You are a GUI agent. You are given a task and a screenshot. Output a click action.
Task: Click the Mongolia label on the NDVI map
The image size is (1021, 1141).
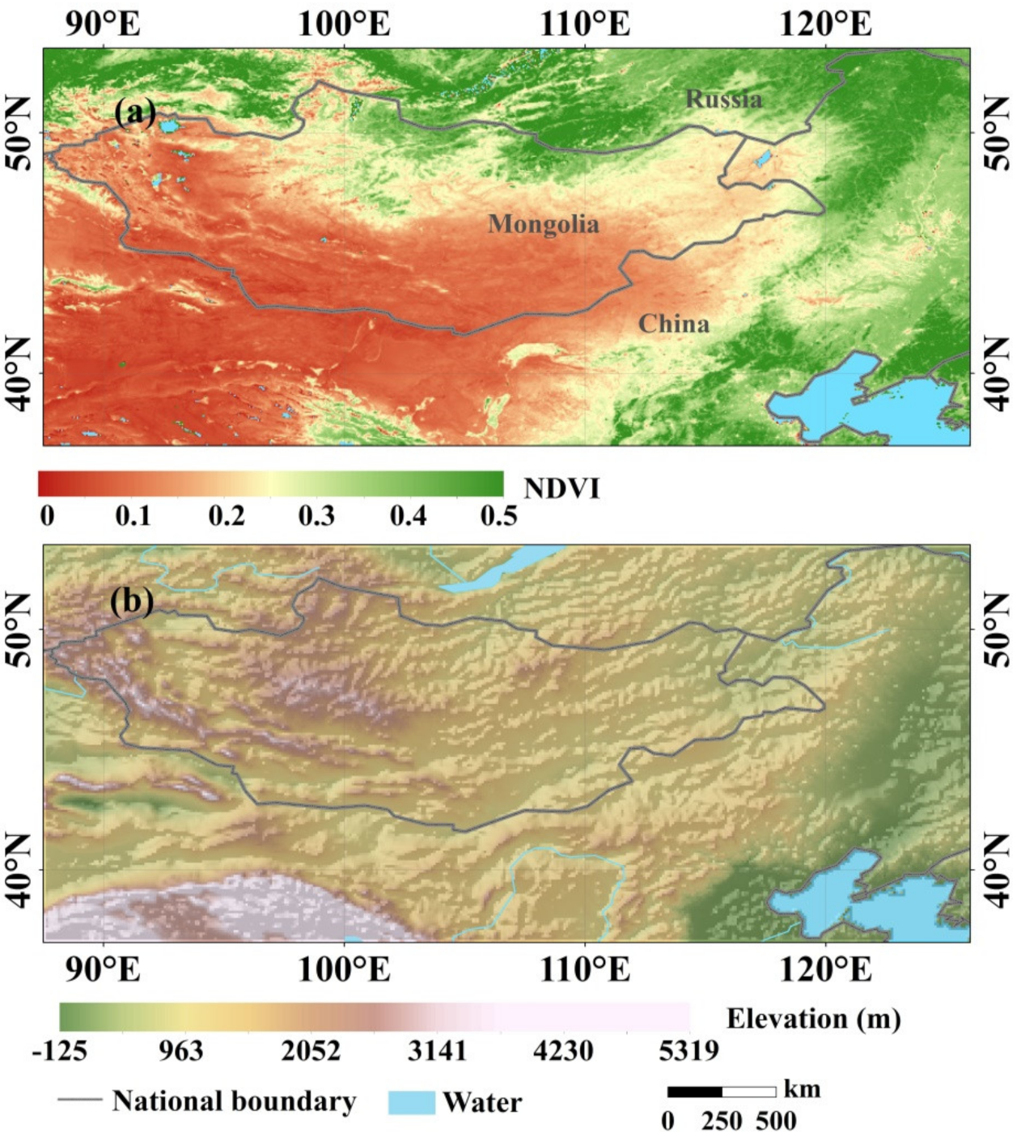click(x=544, y=223)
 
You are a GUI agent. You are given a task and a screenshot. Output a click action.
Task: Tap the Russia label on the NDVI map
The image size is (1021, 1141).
click(x=724, y=99)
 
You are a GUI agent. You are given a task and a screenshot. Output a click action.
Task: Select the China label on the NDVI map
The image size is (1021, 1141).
click(x=674, y=324)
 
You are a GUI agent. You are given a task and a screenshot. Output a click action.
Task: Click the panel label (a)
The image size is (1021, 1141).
click(x=135, y=112)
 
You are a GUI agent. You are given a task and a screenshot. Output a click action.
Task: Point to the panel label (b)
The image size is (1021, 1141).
click(x=132, y=601)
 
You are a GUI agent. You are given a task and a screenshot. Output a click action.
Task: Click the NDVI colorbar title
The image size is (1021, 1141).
click(x=561, y=488)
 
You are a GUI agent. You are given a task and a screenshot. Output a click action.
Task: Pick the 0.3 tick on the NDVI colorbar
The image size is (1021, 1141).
click(x=316, y=515)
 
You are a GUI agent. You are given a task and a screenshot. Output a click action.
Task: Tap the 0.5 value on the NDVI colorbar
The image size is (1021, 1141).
click(x=498, y=515)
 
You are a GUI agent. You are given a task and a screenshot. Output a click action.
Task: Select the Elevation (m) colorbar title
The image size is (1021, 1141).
click(x=813, y=1018)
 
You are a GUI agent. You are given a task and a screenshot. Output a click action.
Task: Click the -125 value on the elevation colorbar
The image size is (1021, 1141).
click(x=60, y=1051)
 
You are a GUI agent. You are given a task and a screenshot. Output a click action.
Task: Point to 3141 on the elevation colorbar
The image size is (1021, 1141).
click(x=437, y=1051)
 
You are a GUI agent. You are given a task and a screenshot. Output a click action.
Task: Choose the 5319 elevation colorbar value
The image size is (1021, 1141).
click(x=688, y=1051)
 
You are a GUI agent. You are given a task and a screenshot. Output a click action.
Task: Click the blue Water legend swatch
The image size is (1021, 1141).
click(x=411, y=1102)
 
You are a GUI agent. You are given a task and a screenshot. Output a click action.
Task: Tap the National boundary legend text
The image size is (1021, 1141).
click(x=234, y=1101)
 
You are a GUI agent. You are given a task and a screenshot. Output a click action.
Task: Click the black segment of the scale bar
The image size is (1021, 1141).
click(x=694, y=1092)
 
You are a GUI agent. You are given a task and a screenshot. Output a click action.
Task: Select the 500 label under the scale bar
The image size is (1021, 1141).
click(x=776, y=1121)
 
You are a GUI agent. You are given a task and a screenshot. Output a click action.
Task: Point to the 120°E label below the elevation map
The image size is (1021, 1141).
click(x=825, y=969)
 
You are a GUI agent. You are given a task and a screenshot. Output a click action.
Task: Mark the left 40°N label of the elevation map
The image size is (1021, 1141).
click(x=20, y=870)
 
